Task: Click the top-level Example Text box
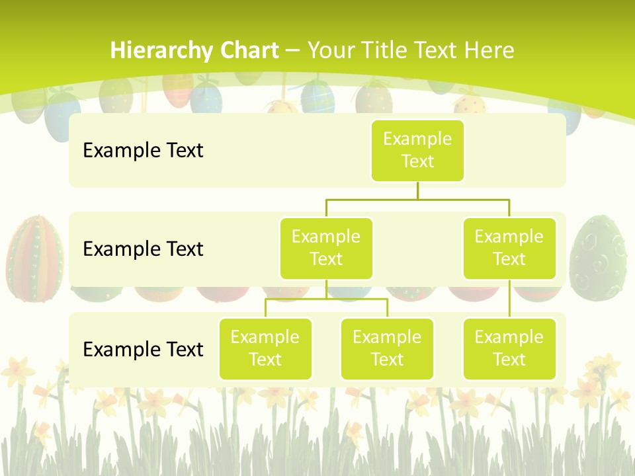417,150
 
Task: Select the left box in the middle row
326,248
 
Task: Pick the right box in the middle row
509,248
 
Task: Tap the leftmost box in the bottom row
265,348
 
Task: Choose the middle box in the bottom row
387,348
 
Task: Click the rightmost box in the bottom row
509,348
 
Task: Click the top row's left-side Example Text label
143,151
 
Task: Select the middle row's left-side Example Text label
143,249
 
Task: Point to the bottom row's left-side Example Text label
143,349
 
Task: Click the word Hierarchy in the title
161,50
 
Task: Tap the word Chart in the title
249,50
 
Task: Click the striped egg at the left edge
34,258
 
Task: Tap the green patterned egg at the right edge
597,258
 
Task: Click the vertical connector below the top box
417,190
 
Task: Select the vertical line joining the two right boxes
509,299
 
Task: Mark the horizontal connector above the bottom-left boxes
326,299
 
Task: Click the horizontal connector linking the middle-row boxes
417,198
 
